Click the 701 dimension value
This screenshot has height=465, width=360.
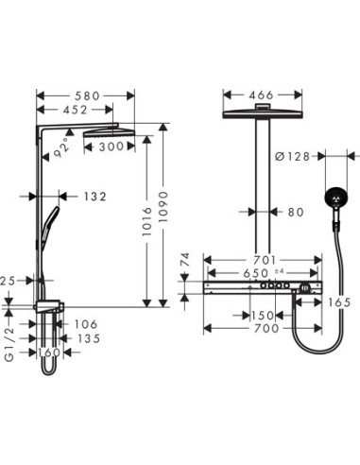pos(266,259)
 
